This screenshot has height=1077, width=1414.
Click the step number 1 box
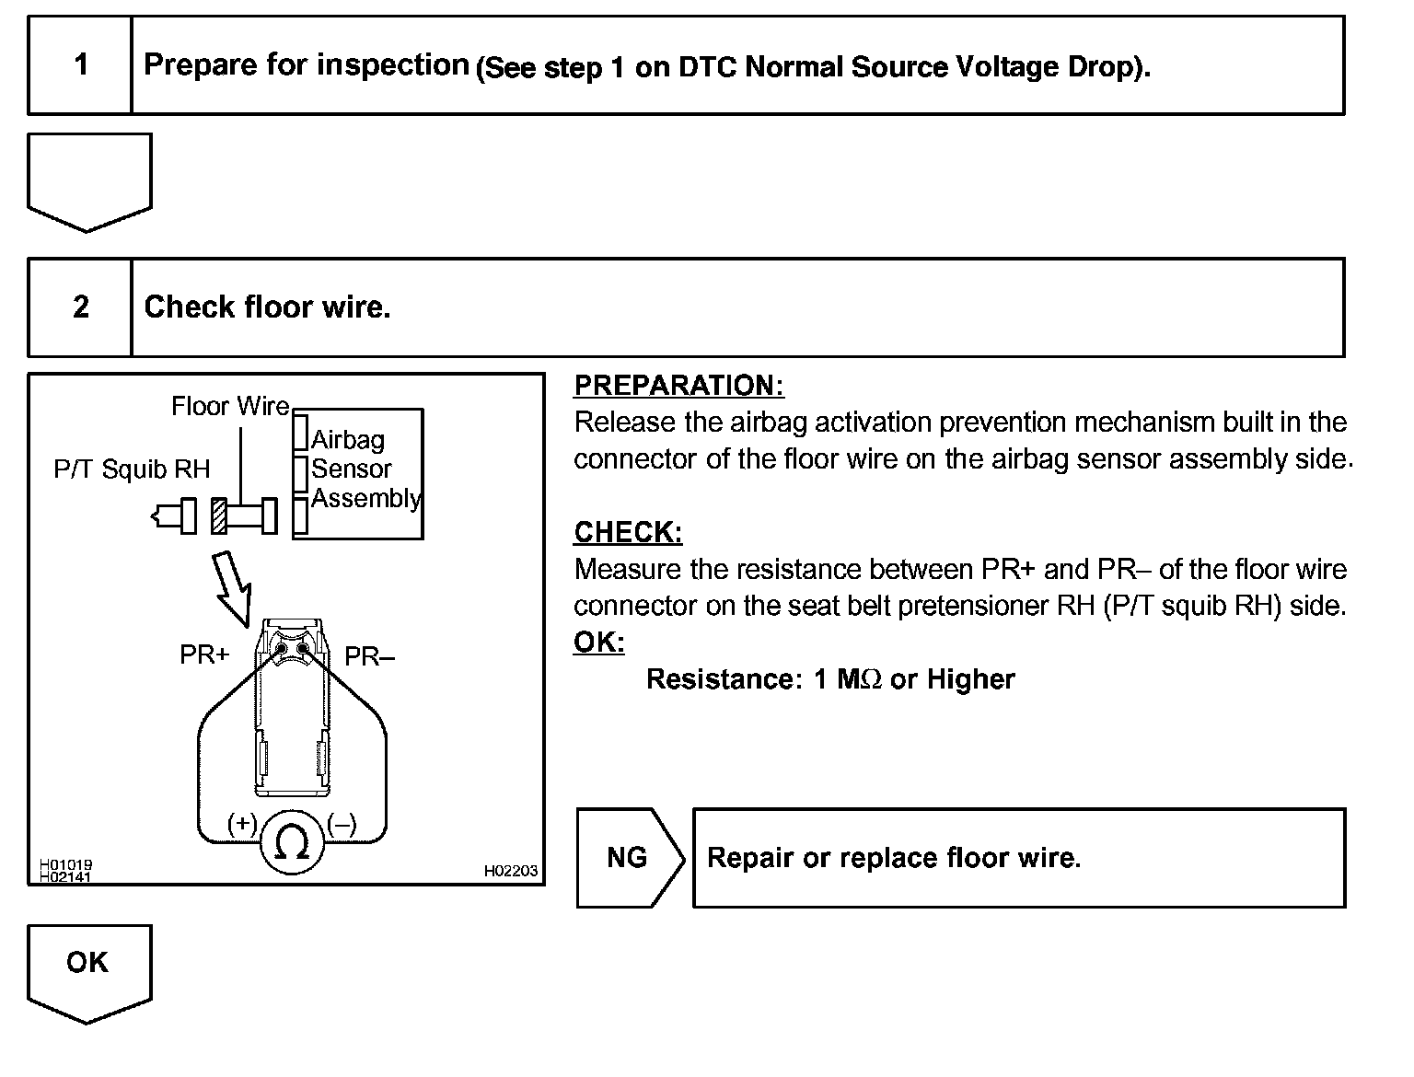click(81, 64)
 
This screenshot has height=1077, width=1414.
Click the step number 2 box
click(81, 307)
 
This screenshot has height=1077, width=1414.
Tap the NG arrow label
click(628, 858)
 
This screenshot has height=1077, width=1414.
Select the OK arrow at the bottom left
click(88, 967)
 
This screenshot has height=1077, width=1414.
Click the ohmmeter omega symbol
click(292, 841)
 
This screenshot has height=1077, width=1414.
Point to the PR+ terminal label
click(204, 654)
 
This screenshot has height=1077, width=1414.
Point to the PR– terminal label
click(369, 656)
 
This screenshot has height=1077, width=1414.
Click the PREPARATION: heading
click(678, 386)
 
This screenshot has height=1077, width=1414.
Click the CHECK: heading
click(628, 532)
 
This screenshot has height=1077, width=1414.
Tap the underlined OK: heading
click(598, 642)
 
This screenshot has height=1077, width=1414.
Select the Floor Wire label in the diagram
click(230, 406)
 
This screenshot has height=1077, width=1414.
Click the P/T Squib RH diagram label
click(132, 469)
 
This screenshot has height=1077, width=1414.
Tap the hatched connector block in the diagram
click(219, 515)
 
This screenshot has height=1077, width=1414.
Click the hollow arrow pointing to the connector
click(231, 588)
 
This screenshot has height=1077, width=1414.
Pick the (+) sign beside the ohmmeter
click(242, 823)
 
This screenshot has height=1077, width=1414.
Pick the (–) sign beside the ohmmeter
click(342, 823)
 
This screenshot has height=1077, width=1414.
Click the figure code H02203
click(511, 871)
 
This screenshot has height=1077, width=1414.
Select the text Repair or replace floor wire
click(893, 858)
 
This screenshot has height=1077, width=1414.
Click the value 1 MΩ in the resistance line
click(848, 679)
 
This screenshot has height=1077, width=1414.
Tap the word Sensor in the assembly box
click(351, 469)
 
